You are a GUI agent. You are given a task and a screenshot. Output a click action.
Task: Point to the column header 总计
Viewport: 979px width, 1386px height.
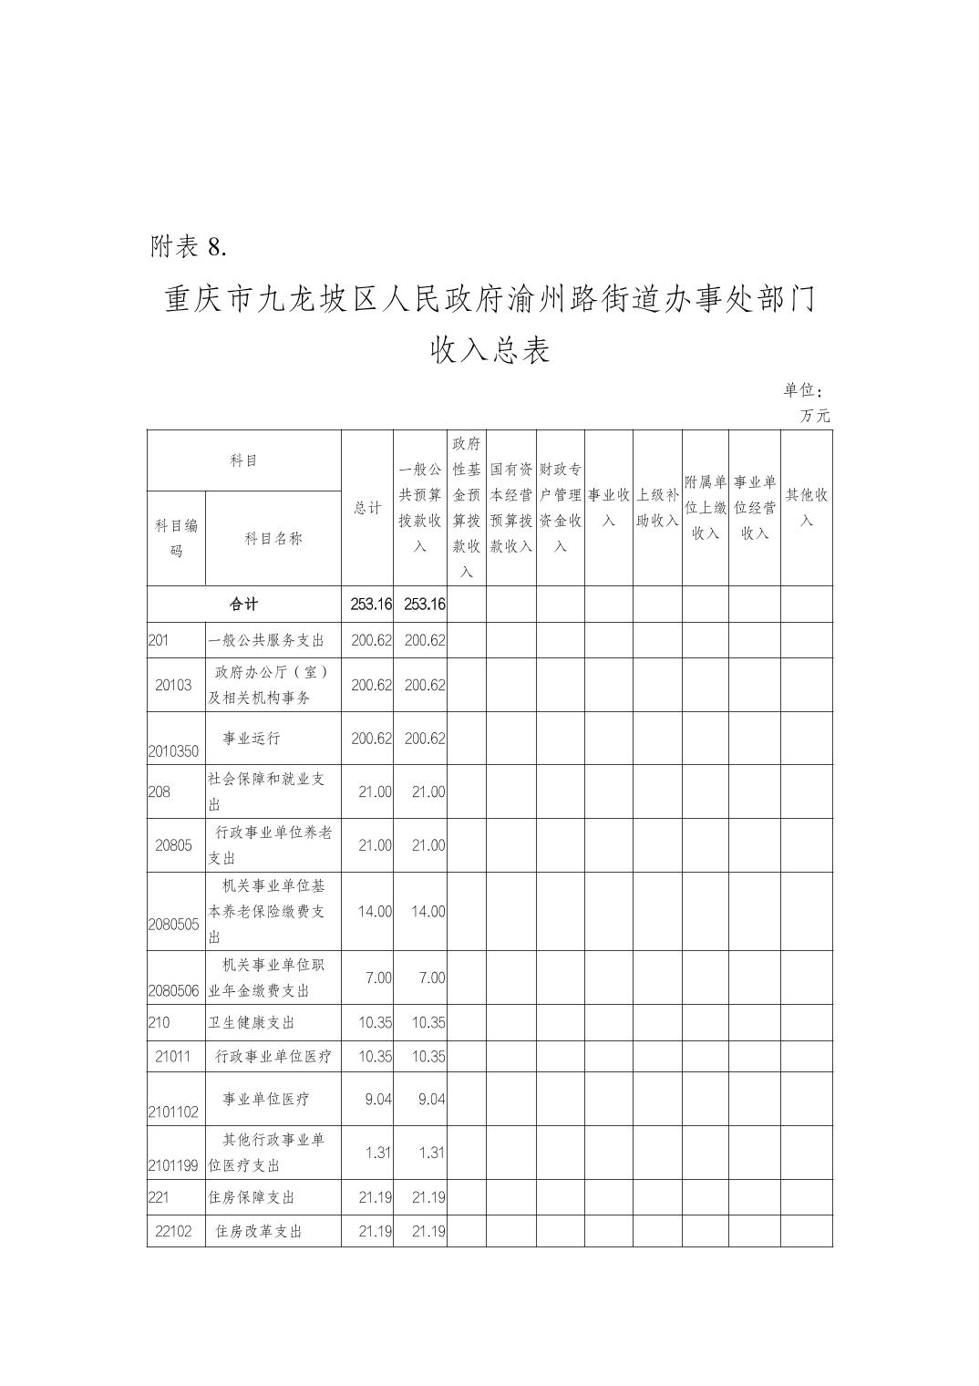pyautogui.click(x=367, y=508)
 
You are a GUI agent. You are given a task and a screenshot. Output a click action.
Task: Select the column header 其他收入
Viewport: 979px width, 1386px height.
pyautogui.click(x=807, y=507)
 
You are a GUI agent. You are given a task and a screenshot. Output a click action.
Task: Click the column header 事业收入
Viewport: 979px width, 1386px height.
pyautogui.click(x=608, y=507)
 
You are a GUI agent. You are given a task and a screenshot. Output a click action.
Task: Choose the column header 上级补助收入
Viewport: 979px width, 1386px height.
pyautogui.click(x=657, y=507)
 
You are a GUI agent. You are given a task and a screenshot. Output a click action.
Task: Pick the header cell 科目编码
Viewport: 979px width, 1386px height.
pyautogui.click(x=176, y=538)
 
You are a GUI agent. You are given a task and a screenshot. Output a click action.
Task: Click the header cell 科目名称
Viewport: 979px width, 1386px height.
pyautogui.click(x=273, y=538)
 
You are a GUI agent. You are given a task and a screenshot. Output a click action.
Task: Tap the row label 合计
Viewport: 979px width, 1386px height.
pyautogui.click(x=243, y=605)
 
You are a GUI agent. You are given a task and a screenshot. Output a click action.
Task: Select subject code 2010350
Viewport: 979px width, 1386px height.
pyautogui.click(x=173, y=752)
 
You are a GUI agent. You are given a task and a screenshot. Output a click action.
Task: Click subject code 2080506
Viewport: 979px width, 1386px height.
pyautogui.click(x=173, y=991)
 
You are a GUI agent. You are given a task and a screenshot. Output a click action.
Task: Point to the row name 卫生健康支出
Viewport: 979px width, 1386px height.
pyautogui.click(x=252, y=1023)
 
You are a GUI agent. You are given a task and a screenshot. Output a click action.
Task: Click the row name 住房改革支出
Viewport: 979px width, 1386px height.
pyautogui.click(x=258, y=1232)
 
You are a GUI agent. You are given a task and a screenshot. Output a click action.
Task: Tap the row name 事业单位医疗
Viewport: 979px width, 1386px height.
pyautogui.click(x=265, y=1099)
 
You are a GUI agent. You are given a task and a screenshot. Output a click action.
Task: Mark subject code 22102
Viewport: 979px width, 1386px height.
pyautogui.click(x=173, y=1232)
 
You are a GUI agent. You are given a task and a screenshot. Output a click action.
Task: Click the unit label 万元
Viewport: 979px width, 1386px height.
pyautogui.click(x=815, y=416)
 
